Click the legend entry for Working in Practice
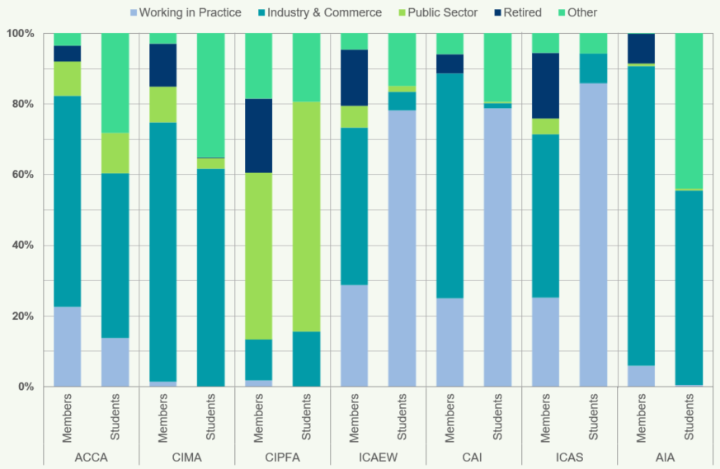tap(190, 12)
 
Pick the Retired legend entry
tap(521, 12)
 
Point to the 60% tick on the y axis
tap(21, 175)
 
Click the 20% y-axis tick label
tap(21, 317)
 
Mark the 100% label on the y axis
tap(19, 34)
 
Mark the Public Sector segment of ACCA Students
tap(115, 152)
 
